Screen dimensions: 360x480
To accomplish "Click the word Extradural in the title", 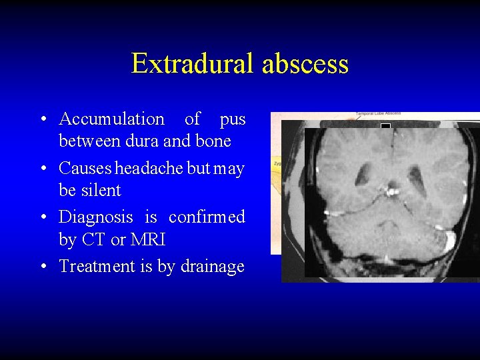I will click(x=193, y=64).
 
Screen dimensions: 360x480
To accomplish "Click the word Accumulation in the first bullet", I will click(x=111, y=119).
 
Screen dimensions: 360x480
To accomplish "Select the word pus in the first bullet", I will click(x=233, y=119).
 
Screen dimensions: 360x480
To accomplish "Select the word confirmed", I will click(x=207, y=217).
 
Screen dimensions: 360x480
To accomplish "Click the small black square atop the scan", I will click(x=385, y=126).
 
